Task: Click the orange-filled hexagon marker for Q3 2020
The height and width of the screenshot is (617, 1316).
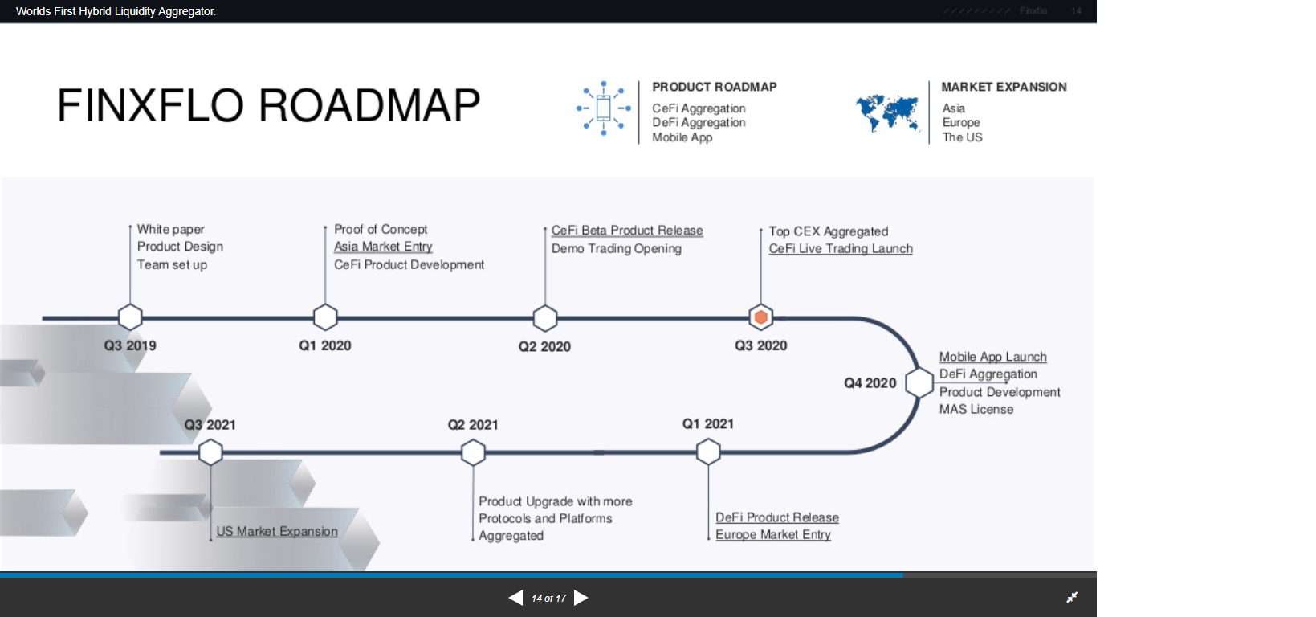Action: tap(760, 317)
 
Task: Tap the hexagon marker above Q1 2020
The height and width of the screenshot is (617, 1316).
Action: tap(325, 317)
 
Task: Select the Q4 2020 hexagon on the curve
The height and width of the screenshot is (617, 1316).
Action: tap(919, 382)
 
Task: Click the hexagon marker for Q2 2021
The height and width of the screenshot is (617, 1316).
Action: tap(473, 452)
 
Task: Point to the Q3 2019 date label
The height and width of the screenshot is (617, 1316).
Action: tap(130, 345)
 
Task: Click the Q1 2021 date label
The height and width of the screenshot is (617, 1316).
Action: tap(708, 423)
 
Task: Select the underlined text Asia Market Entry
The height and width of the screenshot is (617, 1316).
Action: tap(383, 247)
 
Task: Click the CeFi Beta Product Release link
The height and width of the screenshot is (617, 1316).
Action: tap(627, 231)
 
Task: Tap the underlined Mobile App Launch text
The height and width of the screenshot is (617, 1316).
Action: tap(992, 357)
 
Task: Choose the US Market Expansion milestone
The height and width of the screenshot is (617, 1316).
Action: tap(277, 531)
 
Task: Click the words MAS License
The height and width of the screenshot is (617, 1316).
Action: tap(976, 409)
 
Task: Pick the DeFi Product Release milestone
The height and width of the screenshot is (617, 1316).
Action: tap(777, 517)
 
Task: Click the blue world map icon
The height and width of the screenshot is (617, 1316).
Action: tap(887, 112)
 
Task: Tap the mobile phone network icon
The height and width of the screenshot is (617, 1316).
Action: tap(604, 108)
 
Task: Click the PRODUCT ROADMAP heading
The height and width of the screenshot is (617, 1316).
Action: tap(715, 87)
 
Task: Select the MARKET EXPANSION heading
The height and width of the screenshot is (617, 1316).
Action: tap(1004, 87)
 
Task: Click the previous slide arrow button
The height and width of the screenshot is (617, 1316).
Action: tap(515, 598)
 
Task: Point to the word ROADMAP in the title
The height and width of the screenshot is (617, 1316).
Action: tap(369, 106)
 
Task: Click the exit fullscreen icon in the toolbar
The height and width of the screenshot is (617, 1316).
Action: tap(1072, 597)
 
